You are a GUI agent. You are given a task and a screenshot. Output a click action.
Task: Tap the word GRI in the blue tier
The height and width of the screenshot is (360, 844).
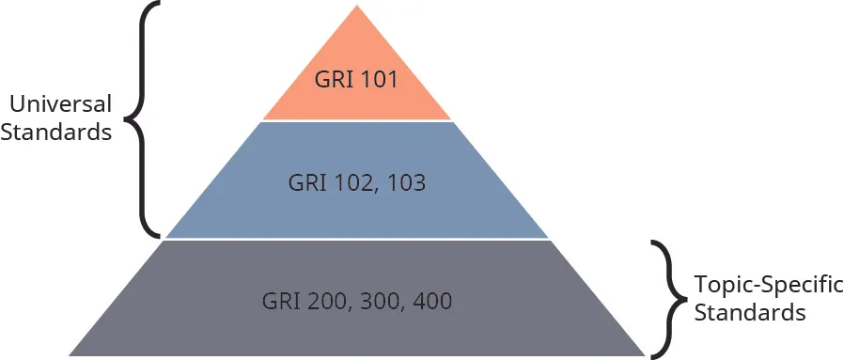[x=308, y=182]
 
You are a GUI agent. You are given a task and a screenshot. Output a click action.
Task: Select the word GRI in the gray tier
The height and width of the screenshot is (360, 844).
[x=280, y=302]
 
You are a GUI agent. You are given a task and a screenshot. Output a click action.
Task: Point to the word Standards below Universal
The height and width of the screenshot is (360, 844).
[x=56, y=133]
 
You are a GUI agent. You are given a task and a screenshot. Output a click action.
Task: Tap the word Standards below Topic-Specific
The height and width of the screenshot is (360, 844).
[x=750, y=311]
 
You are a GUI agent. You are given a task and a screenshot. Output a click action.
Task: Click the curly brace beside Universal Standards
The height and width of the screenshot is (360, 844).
[x=141, y=119]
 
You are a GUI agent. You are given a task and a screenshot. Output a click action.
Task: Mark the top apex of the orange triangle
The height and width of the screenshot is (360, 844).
[x=357, y=6]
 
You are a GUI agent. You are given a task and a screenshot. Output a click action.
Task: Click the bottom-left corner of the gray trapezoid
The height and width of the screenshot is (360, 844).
[x=70, y=354]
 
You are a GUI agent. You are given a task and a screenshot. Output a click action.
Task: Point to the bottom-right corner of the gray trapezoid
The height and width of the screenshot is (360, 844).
[x=645, y=354]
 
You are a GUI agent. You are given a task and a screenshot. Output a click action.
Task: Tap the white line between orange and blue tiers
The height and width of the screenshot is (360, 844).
[x=357, y=121]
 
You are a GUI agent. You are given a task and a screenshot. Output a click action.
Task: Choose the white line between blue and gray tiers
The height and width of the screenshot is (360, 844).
[x=357, y=240]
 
